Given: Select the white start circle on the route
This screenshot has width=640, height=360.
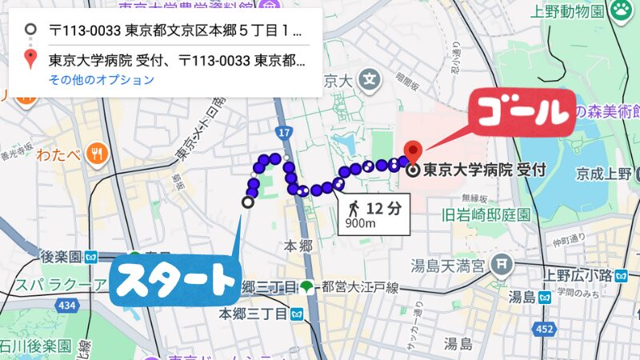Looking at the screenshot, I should point(248,202).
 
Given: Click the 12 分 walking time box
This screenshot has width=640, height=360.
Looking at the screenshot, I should point(374,214).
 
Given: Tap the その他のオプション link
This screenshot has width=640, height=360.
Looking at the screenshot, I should point(101,80).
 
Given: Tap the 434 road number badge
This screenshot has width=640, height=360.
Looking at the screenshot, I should point(69,306).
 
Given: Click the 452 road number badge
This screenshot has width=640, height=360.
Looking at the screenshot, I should point(544,330).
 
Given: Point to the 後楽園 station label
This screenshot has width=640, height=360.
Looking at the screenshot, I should point(61,257).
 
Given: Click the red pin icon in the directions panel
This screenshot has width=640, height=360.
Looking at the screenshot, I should point(30,58).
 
